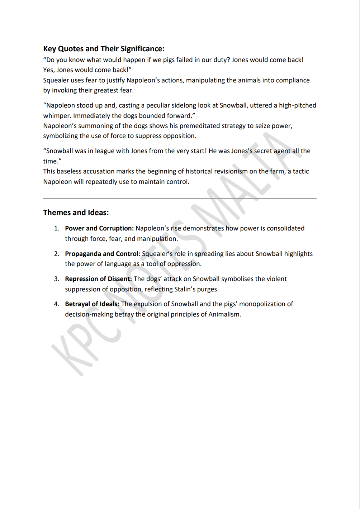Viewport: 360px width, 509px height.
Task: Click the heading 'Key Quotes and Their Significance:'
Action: (x=104, y=49)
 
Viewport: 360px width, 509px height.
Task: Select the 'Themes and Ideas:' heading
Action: (x=76, y=213)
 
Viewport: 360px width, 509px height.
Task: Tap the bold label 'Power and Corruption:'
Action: (x=99, y=228)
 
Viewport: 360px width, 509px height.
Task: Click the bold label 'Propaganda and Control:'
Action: (x=103, y=254)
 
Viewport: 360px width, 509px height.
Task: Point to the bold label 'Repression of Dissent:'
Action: (x=98, y=279)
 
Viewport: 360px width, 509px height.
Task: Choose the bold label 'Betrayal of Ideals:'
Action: (x=92, y=304)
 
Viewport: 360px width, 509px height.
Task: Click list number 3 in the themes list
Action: (x=57, y=279)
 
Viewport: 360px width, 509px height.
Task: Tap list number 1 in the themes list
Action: (x=57, y=228)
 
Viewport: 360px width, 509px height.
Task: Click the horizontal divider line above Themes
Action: (x=180, y=198)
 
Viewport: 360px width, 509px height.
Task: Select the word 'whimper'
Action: (x=57, y=116)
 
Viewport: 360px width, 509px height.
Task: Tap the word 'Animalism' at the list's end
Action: (x=224, y=314)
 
